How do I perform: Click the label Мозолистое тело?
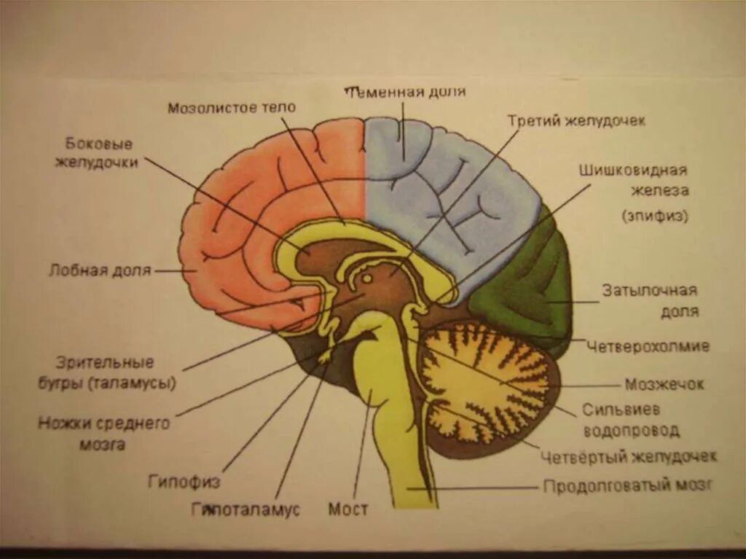click(232, 108)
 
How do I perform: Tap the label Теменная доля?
click(405, 92)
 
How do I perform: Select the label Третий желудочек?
click(576, 120)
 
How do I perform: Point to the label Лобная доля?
click(100, 270)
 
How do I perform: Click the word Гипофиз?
click(184, 481)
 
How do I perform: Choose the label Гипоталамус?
click(246, 509)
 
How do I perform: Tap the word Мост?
click(348, 509)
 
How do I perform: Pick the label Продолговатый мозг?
click(627, 485)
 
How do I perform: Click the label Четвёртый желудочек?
click(629, 456)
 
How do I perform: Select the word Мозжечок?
click(664, 383)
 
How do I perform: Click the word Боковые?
click(99, 144)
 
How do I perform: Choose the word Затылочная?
click(649, 290)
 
